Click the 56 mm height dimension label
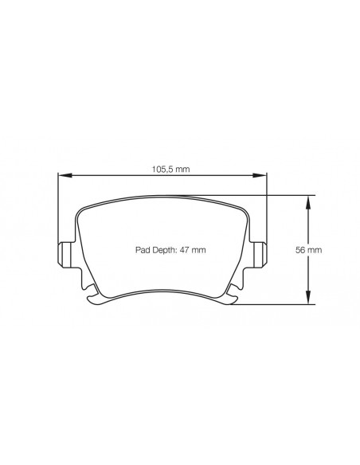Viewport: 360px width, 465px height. coord(308,250)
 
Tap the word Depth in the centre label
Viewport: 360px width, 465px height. coord(163,250)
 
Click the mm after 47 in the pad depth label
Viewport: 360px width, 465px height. coord(200,250)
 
